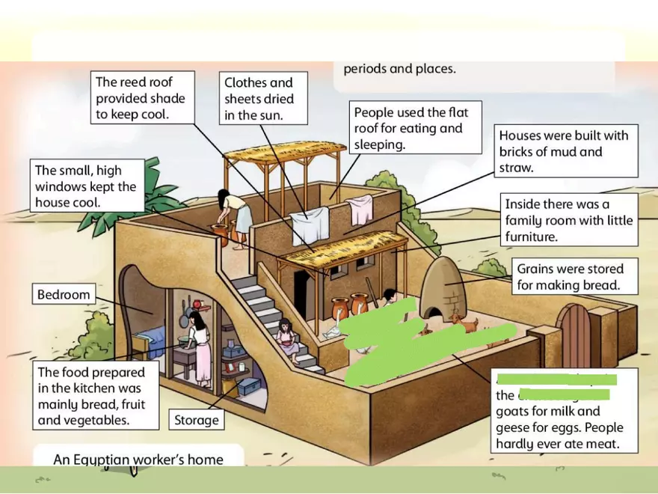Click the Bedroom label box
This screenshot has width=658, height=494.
point(64,294)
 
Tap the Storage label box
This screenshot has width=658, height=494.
point(196,420)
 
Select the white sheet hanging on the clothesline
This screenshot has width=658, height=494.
point(310,225)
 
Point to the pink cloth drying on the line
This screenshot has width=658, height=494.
point(361,209)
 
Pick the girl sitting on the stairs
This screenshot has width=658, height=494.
point(286,339)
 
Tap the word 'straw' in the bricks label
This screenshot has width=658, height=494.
point(517,168)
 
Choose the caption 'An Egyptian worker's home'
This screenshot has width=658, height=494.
point(138,459)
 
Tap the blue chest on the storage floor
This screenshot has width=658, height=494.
point(248,385)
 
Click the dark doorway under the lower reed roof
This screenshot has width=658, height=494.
point(301,293)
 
